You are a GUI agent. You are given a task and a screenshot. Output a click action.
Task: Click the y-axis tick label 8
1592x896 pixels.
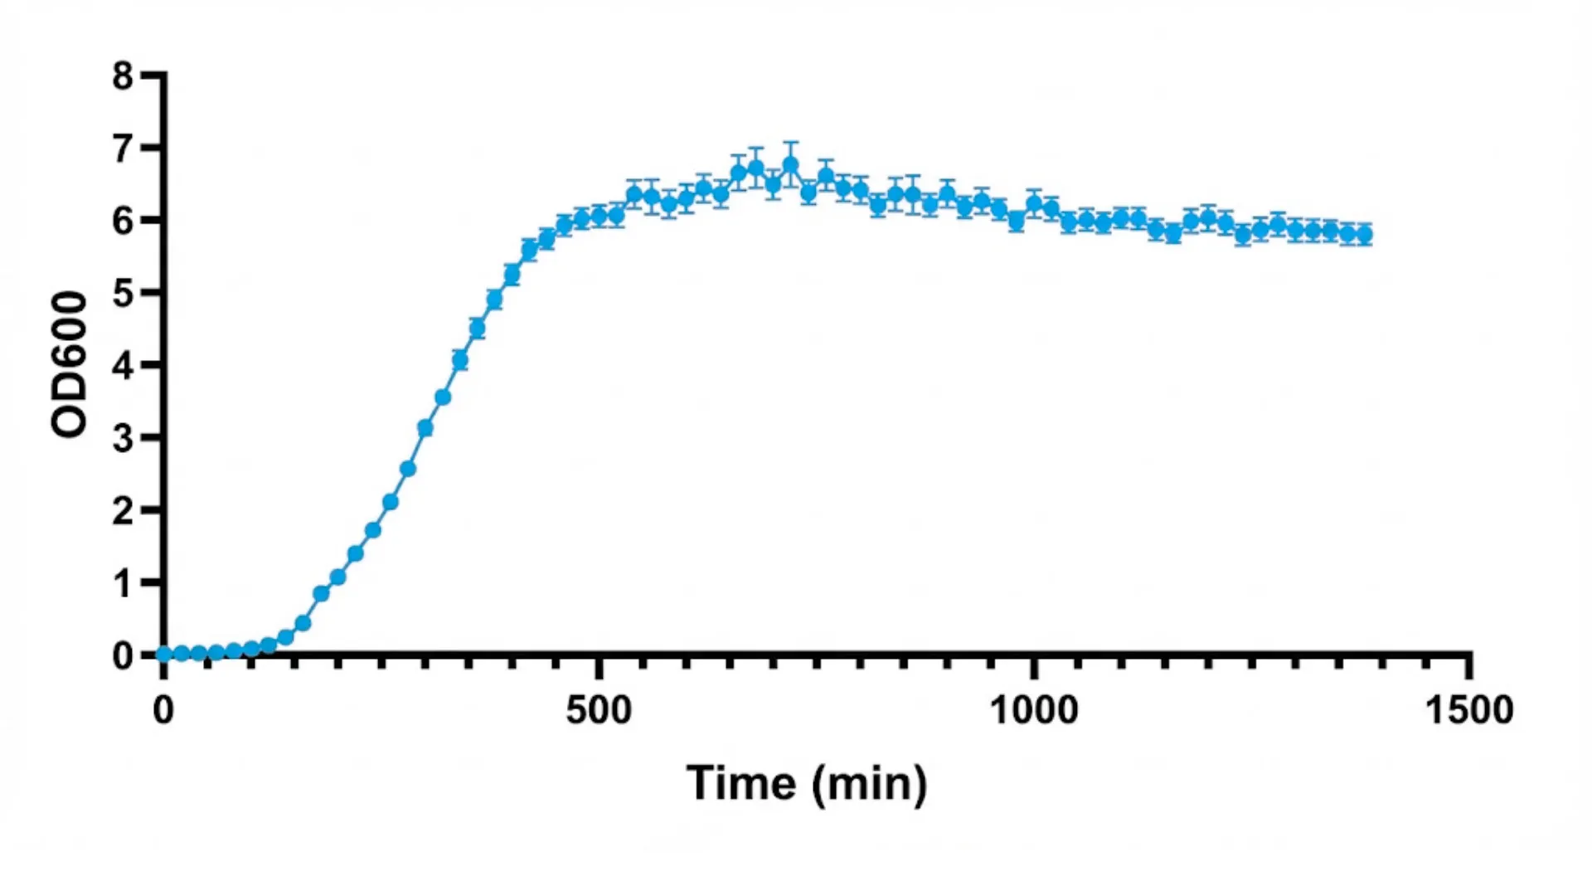(123, 76)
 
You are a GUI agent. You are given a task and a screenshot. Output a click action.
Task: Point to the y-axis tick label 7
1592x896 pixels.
(123, 149)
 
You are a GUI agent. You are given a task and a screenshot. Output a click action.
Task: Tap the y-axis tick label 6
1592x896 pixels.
(123, 222)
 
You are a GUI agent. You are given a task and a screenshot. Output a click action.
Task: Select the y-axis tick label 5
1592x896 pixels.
(123, 294)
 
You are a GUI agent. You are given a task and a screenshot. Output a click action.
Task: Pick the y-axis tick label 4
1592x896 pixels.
(123, 366)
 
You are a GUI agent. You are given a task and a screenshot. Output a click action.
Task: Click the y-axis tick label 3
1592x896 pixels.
(123, 438)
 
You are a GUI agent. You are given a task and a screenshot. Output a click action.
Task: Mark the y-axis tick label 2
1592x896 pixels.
(123, 511)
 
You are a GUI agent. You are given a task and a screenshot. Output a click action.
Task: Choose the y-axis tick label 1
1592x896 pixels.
(123, 584)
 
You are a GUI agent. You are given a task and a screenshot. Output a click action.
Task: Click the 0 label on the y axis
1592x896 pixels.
(123, 656)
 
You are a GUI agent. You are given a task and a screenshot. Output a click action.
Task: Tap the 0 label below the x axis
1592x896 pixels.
(163, 710)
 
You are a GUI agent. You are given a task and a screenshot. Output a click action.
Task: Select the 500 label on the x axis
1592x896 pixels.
(598, 710)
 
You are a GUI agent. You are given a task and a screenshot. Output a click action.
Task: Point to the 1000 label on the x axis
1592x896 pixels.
(1034, 710)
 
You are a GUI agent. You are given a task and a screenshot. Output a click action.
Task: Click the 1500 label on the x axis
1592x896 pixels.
(1468, 710)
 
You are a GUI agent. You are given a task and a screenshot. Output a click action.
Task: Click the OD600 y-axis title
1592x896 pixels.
(69, 364)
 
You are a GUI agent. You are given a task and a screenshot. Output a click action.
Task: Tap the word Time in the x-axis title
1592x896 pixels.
(740, 783)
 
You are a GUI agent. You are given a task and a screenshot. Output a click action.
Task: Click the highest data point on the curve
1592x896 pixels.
(790, 165)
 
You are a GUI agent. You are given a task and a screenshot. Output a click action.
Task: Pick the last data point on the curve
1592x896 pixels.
(1364, 235)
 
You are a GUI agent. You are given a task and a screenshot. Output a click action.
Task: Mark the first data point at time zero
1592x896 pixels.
(164, 654)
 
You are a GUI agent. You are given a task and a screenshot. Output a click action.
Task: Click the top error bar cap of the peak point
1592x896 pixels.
(790, 143)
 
